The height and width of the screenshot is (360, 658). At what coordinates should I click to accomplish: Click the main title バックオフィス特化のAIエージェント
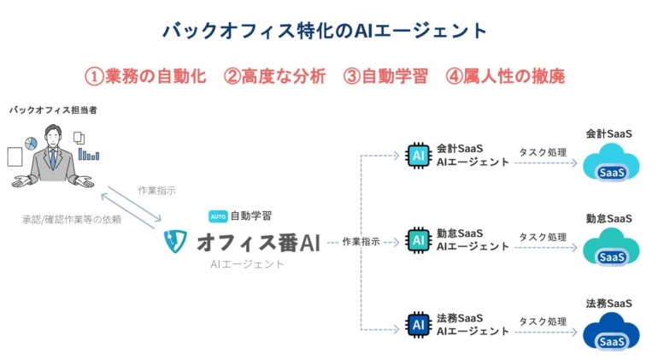pyautogui.click(x=325, y=31)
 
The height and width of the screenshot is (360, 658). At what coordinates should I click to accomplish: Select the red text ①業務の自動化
pyautogui.click(x=145, y=76)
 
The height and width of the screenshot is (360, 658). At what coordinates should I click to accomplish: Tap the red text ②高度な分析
pyautogui.click(x=274, y=76)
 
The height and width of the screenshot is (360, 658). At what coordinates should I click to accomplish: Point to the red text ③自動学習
pyautogui.click(x=385, y=76)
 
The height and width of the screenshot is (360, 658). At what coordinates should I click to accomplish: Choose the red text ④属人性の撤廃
pyautogui.click(x=505, y=76)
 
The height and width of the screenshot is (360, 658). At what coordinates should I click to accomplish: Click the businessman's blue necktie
pyautogui.click(x=53, y=158)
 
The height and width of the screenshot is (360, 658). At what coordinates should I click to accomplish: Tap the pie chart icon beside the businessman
pyautogui.click(x=31, y=144)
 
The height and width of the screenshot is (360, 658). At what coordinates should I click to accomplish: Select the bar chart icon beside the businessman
pyautogui.click(x=89, y=154)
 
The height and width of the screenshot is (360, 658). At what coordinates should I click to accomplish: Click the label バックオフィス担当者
pyautogui.click(x=53, y=110)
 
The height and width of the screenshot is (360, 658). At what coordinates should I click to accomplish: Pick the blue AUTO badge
pyautogui.click(x=218, y=216)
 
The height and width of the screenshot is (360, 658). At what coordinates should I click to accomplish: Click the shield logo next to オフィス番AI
pyautogui.click(x=175, y=241)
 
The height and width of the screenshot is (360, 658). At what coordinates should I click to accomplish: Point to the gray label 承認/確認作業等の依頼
pyautogui.click(x=72, y=219)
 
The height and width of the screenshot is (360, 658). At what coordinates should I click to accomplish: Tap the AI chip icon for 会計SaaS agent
pyautogui.click(x=419, y=156)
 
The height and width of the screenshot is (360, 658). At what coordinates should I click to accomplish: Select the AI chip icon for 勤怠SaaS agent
pyautogui.click(x=419, y=240)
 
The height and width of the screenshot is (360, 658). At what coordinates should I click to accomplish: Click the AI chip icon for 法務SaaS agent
pyautogui.click(x=419, y=325)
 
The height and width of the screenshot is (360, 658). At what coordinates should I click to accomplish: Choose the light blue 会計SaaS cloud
pyautogui.click(x=611, y=162)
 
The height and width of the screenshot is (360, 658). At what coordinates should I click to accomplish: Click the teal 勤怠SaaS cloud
pyautogui.click(x=611, y=247)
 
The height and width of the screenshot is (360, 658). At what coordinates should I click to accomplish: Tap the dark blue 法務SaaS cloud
pyautogui.click(x=611, y=332)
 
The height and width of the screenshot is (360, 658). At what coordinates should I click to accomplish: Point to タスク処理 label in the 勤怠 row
pyautogui.click(x=543, y=237)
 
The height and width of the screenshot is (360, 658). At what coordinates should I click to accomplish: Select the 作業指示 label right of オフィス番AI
pyautogui.click(x=361, y=241)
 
